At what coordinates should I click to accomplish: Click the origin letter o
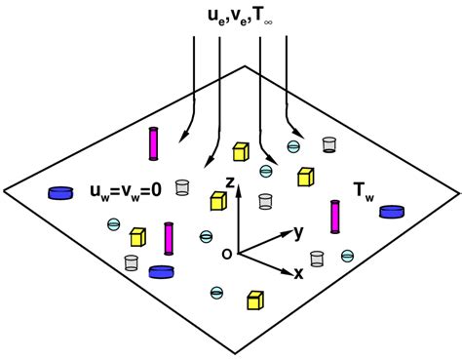(x=226, y=254)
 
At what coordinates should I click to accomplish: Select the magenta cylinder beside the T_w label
(x=336, y=217)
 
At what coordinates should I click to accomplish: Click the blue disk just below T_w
(x=392, y=211)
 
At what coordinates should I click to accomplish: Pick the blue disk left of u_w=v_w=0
(x=61, y=193)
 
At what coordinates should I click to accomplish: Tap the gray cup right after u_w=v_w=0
(x=181, y=186)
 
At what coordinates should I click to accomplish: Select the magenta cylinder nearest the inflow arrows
(x=153, y=143)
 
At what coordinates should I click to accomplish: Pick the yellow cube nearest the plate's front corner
(x=256, y=300)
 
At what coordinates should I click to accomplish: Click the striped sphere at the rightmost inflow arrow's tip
(x=292, y=147)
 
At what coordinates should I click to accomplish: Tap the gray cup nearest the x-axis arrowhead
(x=316, y=259)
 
